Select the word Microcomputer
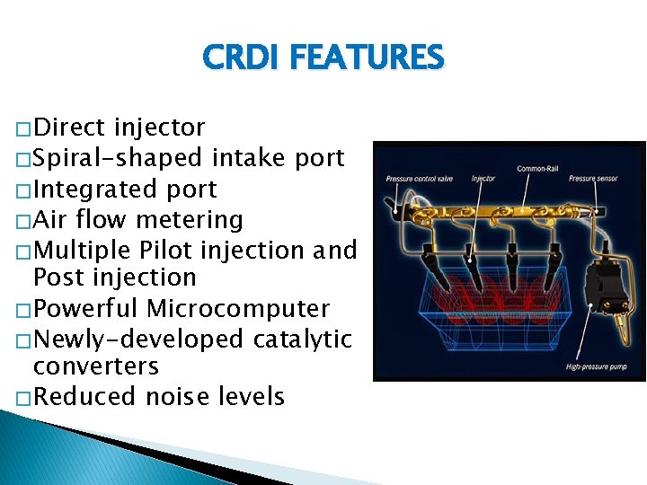point(238,308)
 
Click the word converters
point(95,366)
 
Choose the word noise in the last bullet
point(182,396)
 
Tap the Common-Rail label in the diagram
point(536,169)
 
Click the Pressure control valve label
point(420,179)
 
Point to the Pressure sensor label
point(594,179)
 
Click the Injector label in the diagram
point(483,179)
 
